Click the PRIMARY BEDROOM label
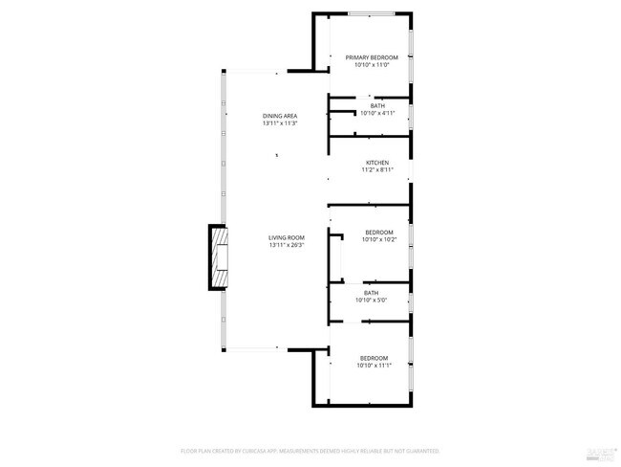click(x=372, y=57)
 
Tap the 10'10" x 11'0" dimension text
click(x=372, y=65)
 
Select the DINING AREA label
click(x=280, y=116)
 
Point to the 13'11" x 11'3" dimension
click(x=280, y=123)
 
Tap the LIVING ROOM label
click(x=286, y=237)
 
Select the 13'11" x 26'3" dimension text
click(x=286, y=245)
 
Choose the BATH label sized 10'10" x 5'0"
click(x=371, y=293)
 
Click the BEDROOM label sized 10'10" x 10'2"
click(x=378, y=233)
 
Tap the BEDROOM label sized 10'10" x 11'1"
click(x=374, y=358)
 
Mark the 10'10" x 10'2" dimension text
click(x=378, y=240)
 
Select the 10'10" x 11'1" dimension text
click(x=374, y=366)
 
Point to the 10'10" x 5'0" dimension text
click(x=371, y=300)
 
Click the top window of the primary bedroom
click(x=371, y=13)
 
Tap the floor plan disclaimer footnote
click(x=310, y=450)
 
